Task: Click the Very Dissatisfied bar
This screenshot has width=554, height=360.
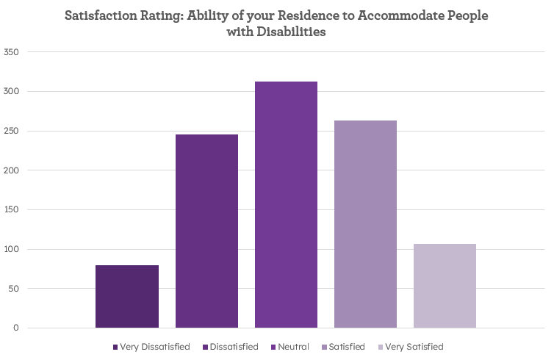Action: click(x=127, y=296)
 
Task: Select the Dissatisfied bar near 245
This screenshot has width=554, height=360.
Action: click(x=206, y=231)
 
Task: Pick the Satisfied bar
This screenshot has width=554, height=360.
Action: click(x=365, y=224)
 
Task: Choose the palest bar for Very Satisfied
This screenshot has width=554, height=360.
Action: click(x=445, y=286)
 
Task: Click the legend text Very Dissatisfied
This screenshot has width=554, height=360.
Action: click(x=155, y=347)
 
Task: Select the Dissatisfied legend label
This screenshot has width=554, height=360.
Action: click(x=234, y=347)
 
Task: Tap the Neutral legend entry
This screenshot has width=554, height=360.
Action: click(x=294, y=347)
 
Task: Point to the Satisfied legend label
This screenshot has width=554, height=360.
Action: click(x=347, y=347)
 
